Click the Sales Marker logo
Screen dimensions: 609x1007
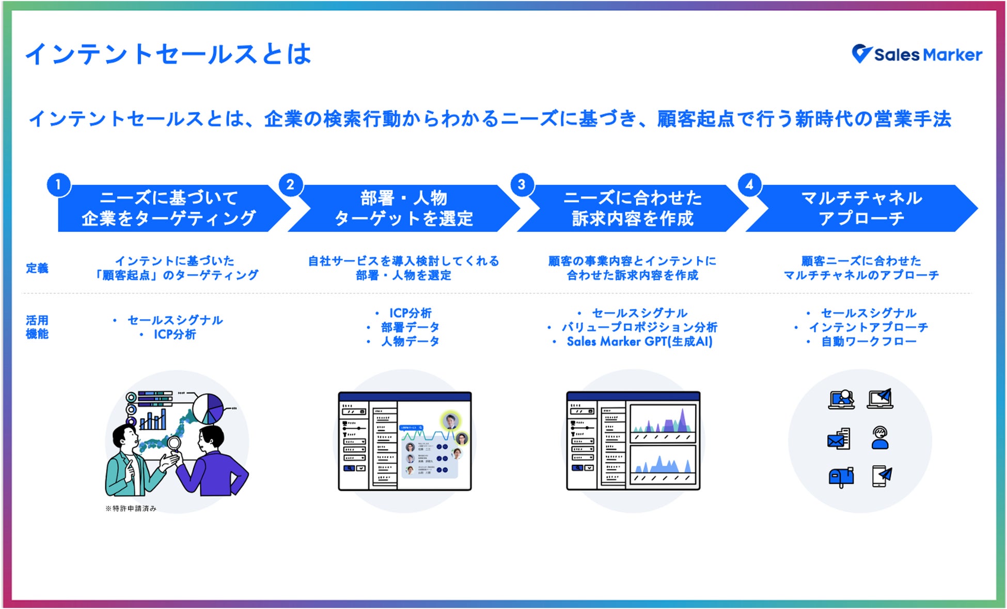coord(917,54)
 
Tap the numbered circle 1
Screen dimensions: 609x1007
coord(58,184)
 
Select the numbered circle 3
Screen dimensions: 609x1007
coord(522,184)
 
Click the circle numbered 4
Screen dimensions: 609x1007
coord(749,184)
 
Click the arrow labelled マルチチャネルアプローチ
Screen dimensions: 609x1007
coord(861,208)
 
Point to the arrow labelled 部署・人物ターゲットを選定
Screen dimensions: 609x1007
coord(403,208)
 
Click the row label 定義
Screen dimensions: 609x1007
coord(37,268)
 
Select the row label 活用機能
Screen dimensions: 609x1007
coord(37,327)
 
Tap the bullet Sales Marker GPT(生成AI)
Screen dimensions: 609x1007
coord(639,341)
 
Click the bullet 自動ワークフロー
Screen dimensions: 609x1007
coord(869,341)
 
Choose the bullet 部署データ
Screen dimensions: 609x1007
coord(410,327)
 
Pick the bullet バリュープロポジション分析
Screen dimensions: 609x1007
coord(639,327)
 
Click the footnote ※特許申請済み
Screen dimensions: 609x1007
coord(131,509)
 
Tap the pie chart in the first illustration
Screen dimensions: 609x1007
coord(208,408)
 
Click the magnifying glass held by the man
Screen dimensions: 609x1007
coord(174,443)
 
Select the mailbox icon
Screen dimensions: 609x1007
coord(841,477)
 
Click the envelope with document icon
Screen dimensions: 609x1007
coord(839,439)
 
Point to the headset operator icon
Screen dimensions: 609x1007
coord(880,438)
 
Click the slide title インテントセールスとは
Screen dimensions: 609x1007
coord(168,54)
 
